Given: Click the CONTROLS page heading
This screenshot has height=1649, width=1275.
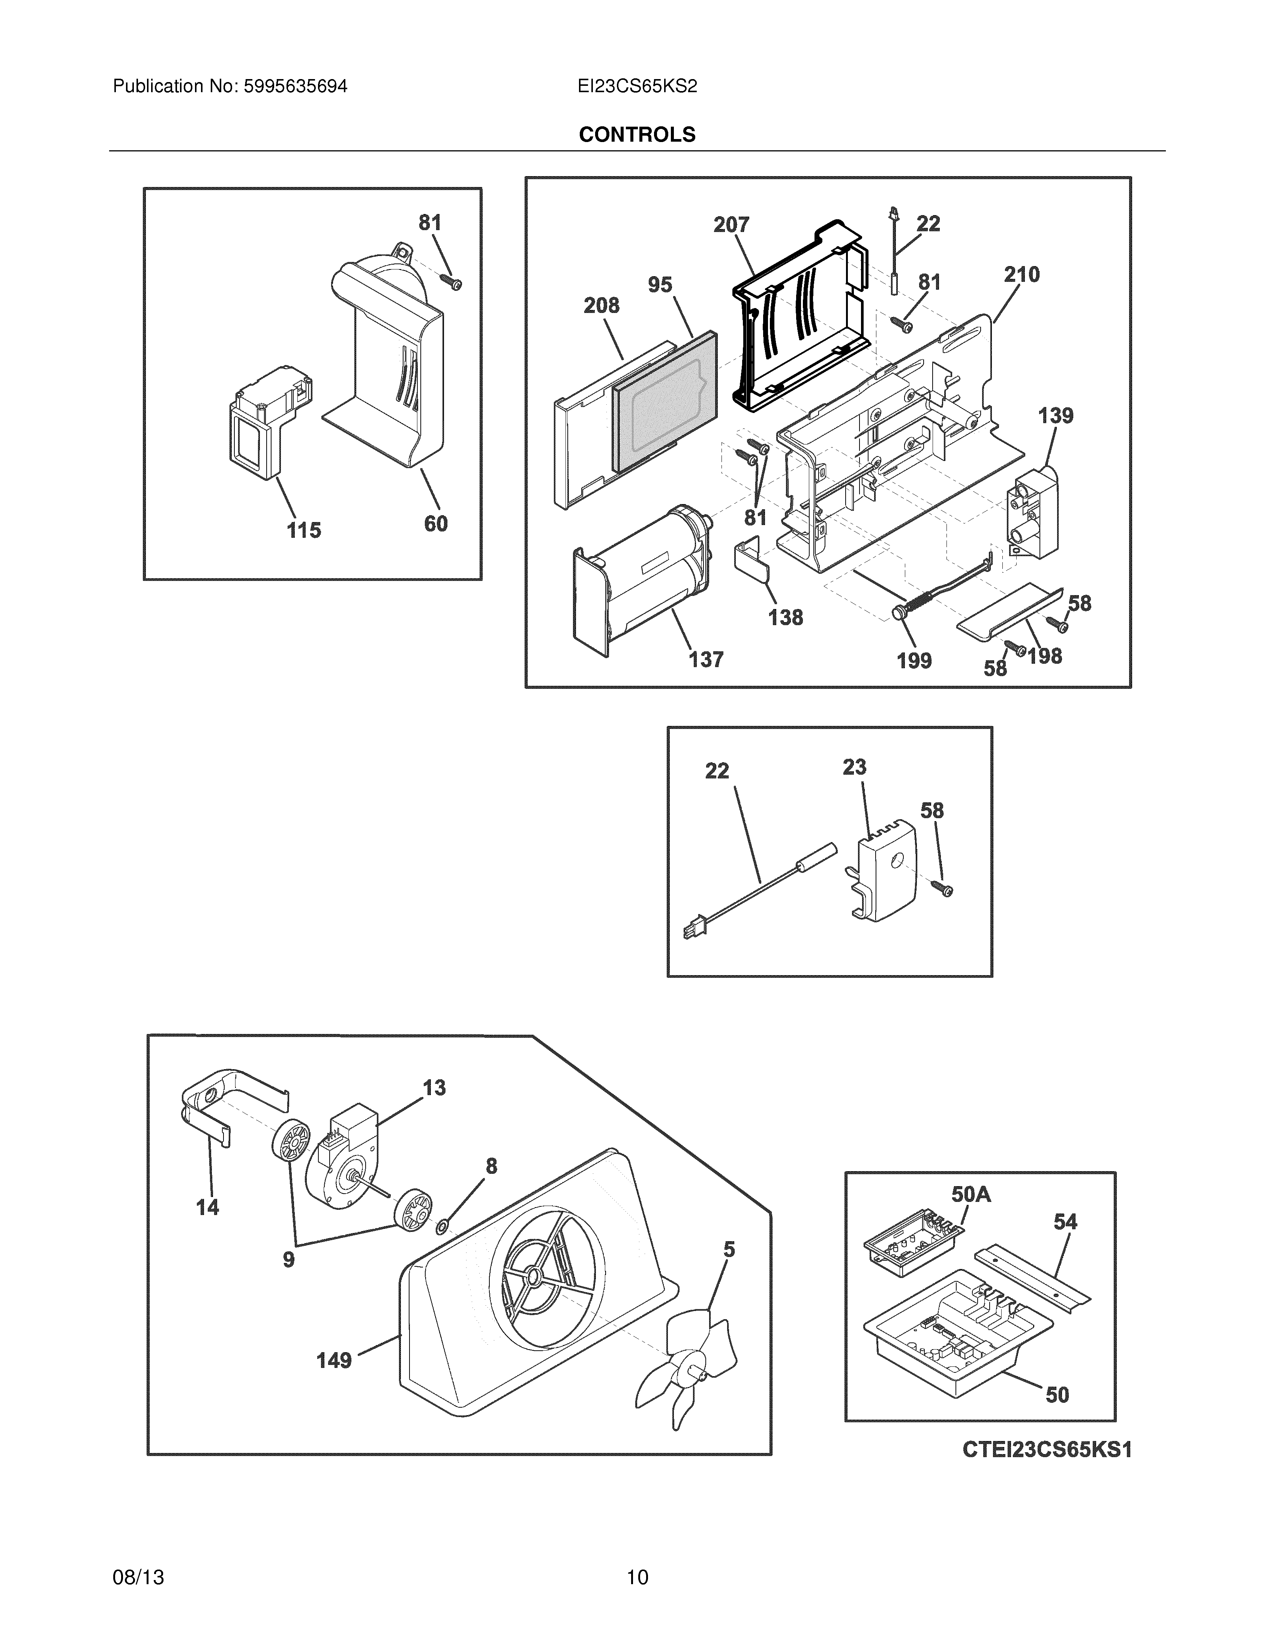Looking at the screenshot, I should tap(637, 135).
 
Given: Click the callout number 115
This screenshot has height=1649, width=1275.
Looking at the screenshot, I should tap(304, 530).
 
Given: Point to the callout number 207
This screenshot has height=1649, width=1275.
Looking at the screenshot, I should tap(731, 224).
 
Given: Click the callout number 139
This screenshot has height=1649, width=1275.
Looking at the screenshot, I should tap(1055, 415).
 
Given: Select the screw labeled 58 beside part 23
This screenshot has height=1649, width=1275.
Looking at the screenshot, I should tap(943, 889).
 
